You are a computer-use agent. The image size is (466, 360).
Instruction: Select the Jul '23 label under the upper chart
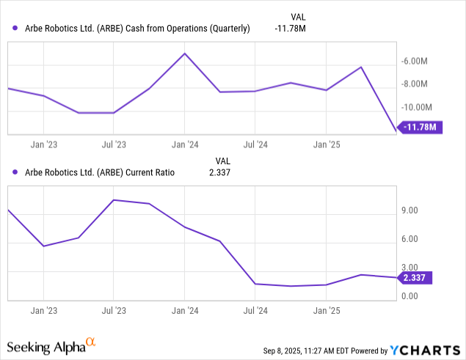tap(113, 145)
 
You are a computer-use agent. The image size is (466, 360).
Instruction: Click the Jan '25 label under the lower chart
tap(326, 311)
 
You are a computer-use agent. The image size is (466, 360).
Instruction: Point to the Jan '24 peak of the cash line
tap(184, 54)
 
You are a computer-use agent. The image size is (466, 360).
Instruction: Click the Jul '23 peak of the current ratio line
tap(113, 199)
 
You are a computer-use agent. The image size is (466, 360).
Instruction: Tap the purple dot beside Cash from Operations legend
tap(15, 29)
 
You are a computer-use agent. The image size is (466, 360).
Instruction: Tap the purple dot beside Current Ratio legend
tap(15, 173)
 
